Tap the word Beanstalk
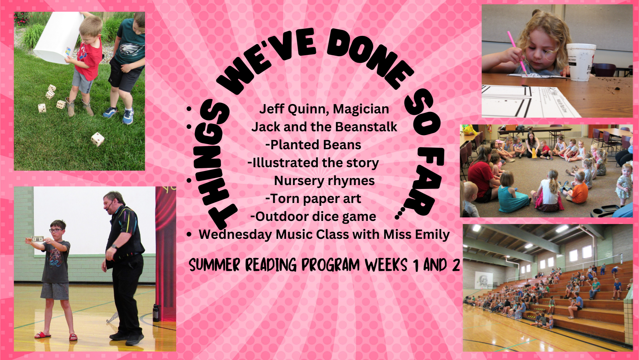tap(366, 127)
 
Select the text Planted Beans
tap(316, 145)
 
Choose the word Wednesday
tap(235, 235)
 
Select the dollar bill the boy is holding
tap(37, 239)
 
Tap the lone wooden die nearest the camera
tap(97, 139)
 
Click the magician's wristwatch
tap(114, 247)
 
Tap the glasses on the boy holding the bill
tap(56, 230)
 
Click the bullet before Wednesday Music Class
tap(189, 235)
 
